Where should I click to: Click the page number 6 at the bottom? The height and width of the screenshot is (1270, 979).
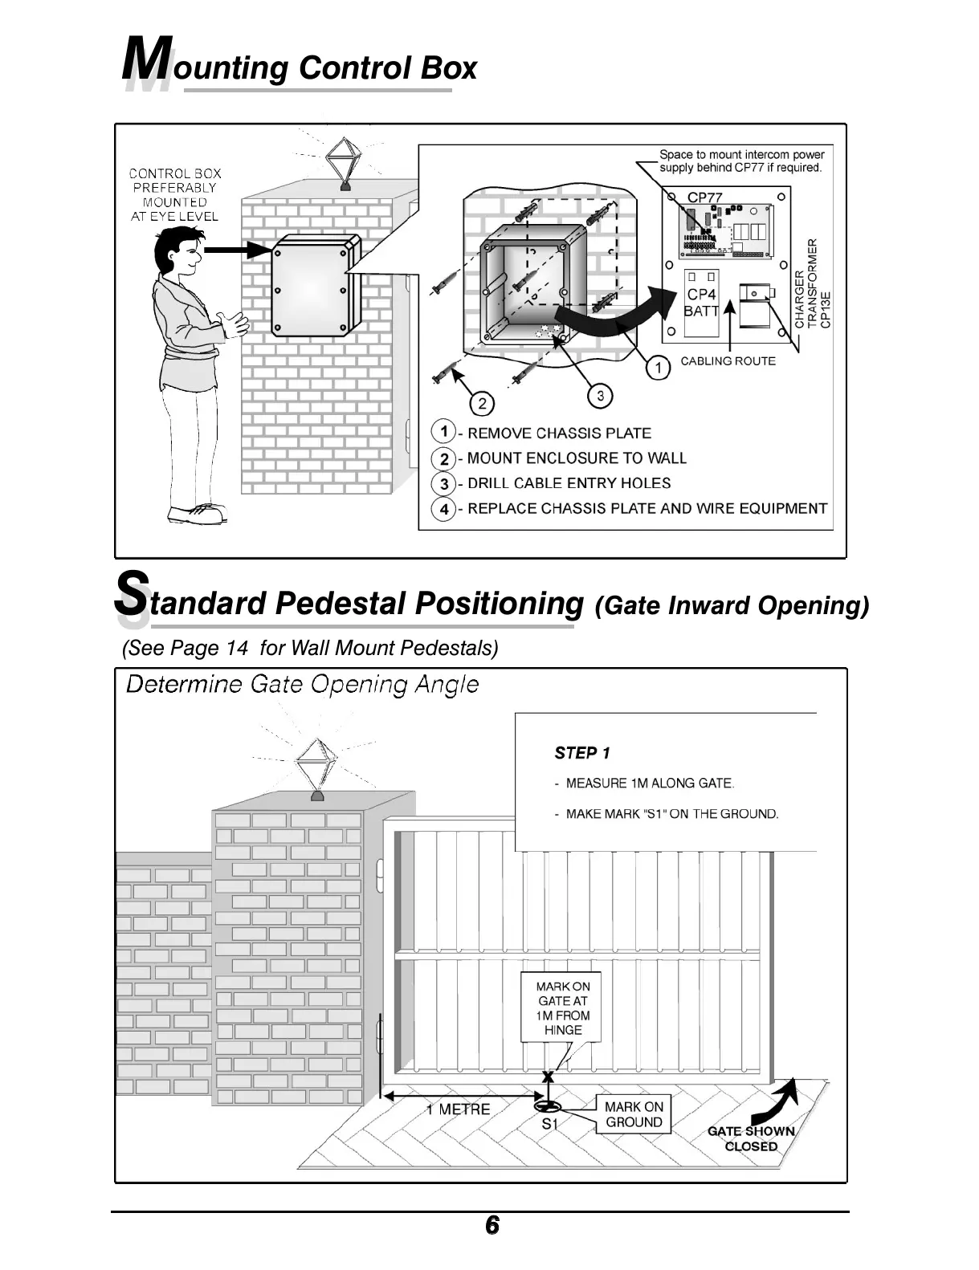pos(492,1226)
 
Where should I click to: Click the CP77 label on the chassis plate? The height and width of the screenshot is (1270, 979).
pos(704,197)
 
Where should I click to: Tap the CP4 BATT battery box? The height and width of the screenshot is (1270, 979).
pos(700,303)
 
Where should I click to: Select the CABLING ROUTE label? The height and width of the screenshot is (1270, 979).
pos(728,361)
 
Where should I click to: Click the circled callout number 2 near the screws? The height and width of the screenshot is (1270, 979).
pos(482,403)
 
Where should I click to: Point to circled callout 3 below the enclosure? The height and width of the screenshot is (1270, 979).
pos(600,395)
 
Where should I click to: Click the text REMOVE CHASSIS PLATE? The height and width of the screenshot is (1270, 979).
pos(559,434)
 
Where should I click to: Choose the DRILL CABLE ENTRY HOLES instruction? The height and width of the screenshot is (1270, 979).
pos(569,483)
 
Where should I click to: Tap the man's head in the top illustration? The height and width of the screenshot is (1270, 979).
pos(180,250)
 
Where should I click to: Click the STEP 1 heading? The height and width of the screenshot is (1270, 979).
pos(582,753)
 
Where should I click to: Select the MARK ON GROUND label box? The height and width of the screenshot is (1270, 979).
pos(634,1114)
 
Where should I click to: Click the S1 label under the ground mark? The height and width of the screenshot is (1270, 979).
pos(549,1124)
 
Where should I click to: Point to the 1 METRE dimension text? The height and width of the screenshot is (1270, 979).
pos(458,1109)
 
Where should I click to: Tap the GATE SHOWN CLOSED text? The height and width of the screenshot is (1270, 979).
pos(751,1138)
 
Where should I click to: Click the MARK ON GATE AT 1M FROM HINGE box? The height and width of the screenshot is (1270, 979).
pos(562,1008)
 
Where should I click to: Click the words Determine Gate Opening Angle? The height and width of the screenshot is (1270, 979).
pos(303,685)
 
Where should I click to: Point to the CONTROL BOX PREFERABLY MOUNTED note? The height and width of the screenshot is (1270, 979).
pos(175,194)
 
